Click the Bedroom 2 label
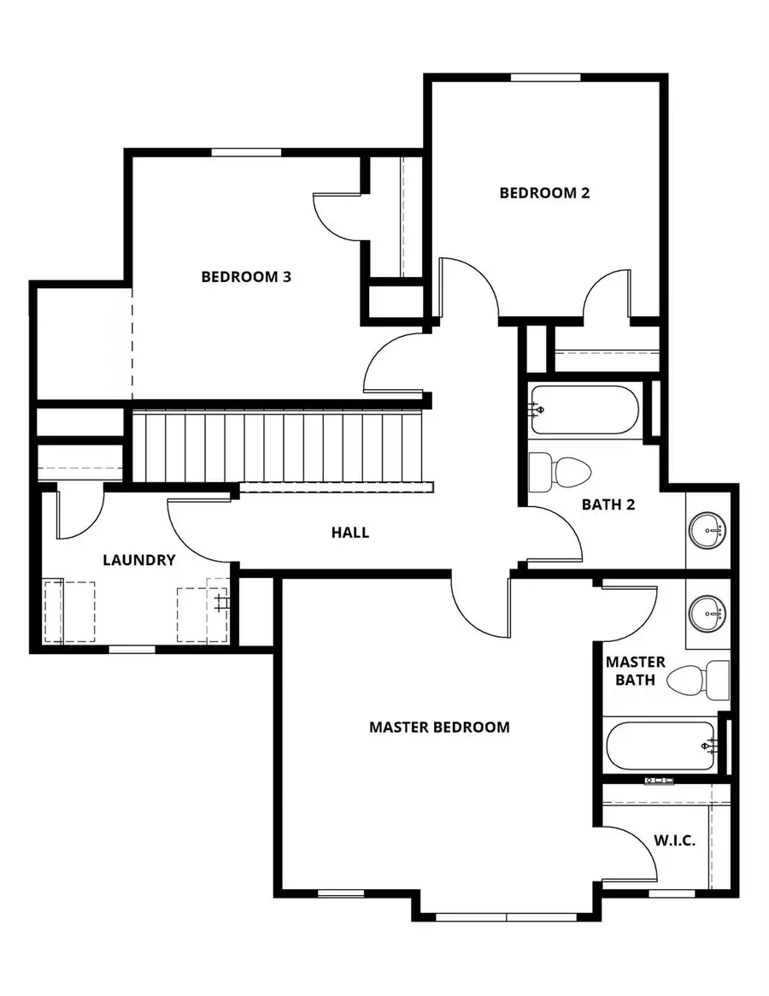(544, 193)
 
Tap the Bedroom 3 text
(246, 277)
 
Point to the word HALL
(350, 533)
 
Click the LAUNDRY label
(139, 561)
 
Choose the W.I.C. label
(675, 840)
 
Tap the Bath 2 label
(608, 504)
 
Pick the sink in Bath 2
(707, 531)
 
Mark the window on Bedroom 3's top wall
(246, 153)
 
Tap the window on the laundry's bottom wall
(132, 650)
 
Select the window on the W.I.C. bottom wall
(672, 893)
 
